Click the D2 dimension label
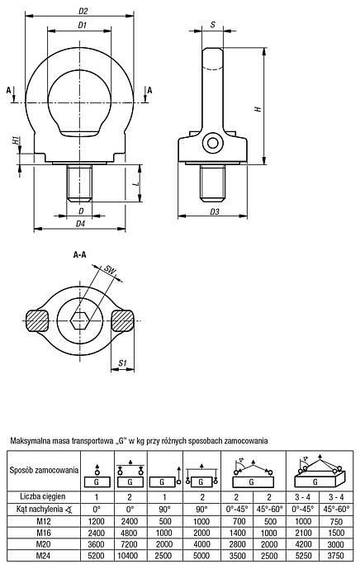[83, 12]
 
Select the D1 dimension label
[82, 25]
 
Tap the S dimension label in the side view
[213, 25]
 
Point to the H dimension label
[258, 108]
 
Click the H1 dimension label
[15, 140]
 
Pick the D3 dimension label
[215, 211]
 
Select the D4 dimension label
[80, 224]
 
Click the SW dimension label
[109, 269]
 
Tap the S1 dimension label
[123, 363]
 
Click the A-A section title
[80, 255]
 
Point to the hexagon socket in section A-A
[80, 320]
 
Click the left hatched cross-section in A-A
[36, 320]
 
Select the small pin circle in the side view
[212, 143]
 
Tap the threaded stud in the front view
[79, 183]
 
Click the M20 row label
[44, 544]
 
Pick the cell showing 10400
[130, 556]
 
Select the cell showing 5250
[303, 556]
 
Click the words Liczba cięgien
[43, 496]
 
